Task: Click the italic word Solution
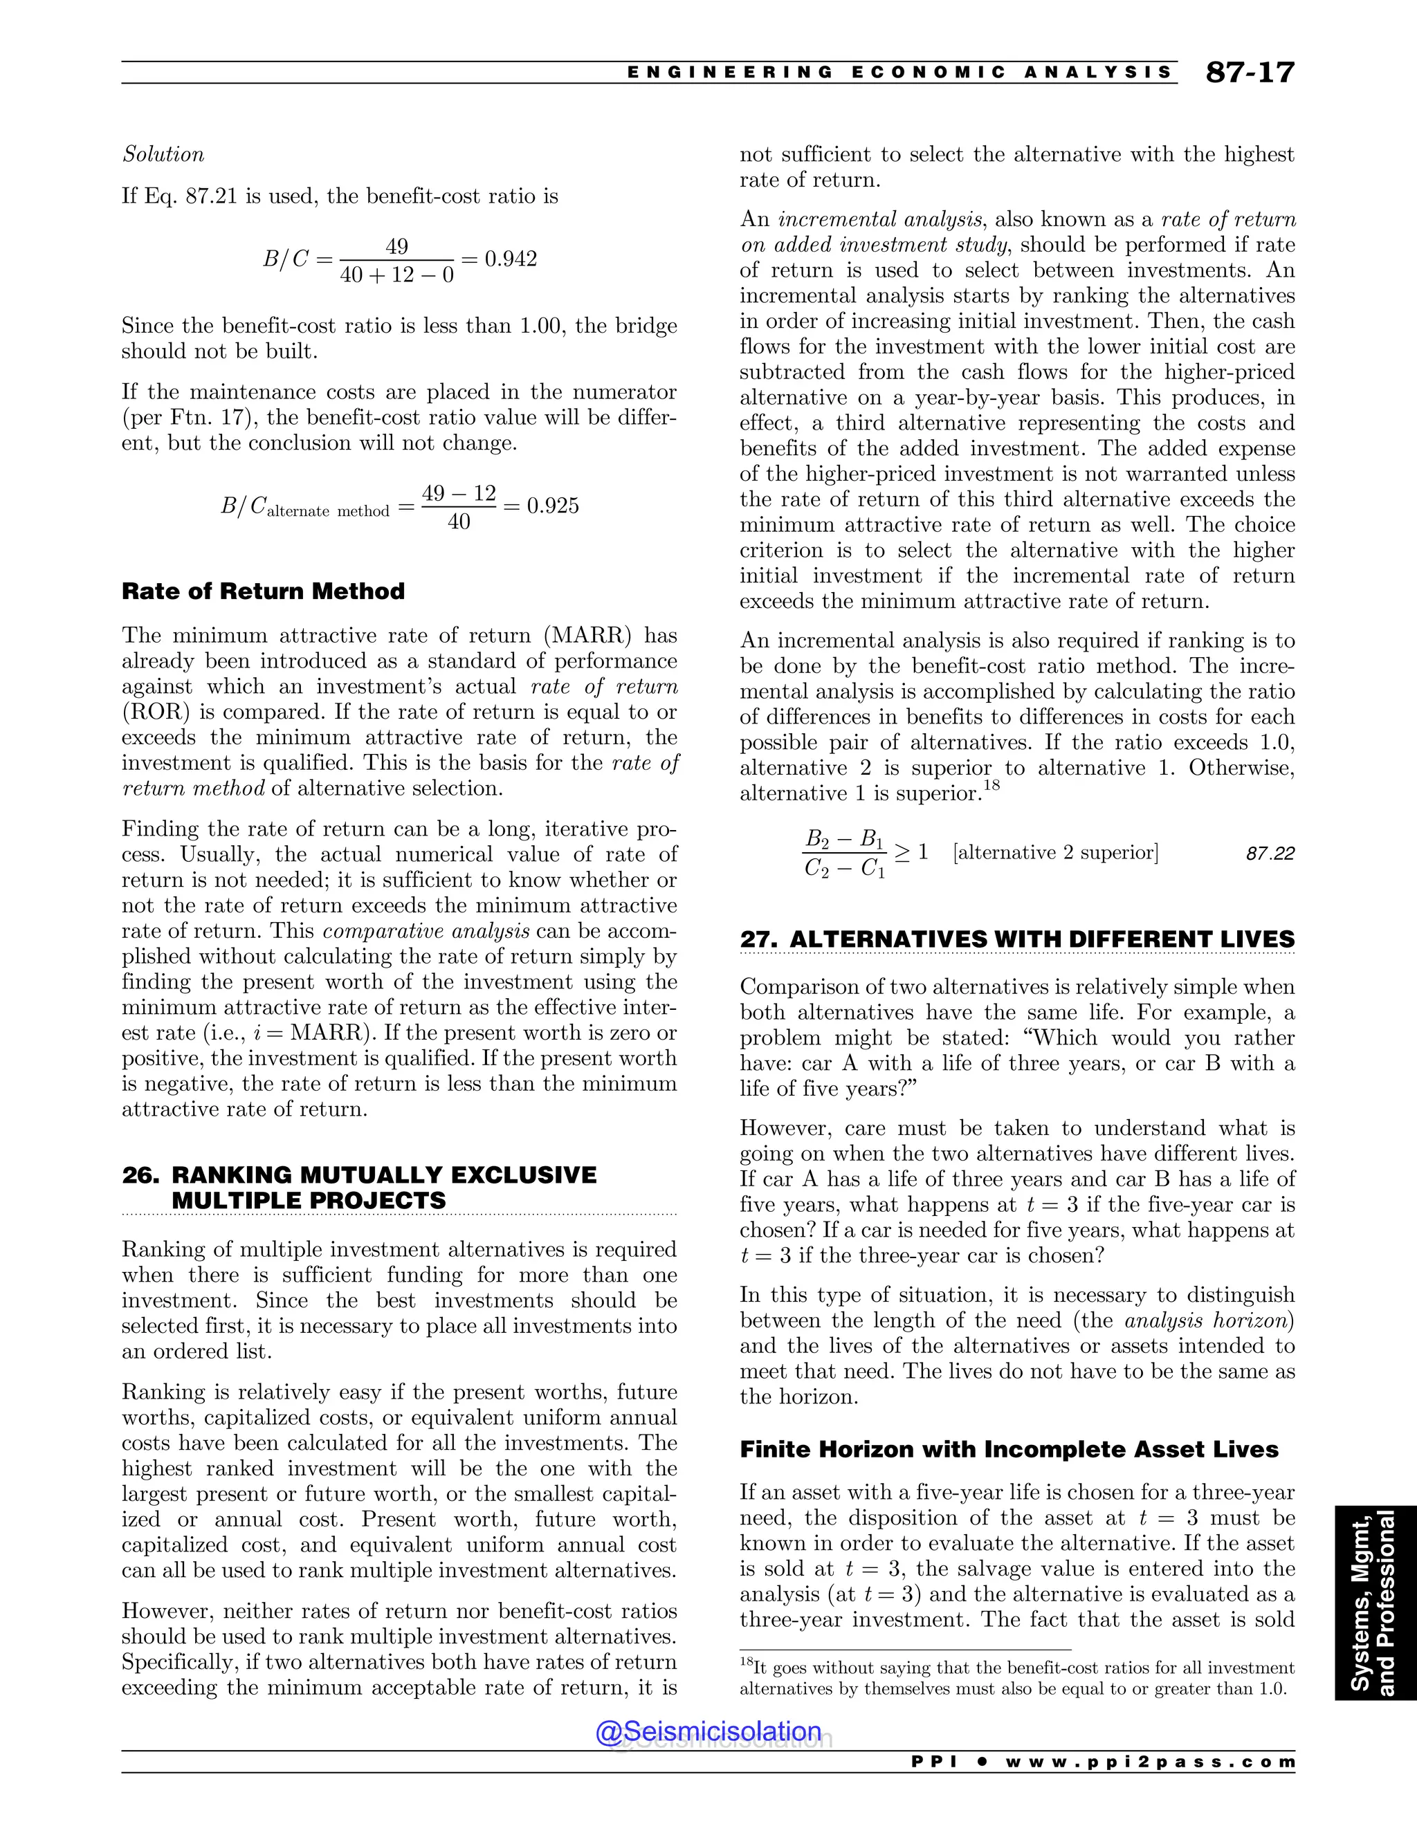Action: click(163, 154)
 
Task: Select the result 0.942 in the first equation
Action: click(511, 259)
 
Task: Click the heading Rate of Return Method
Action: click(263, 591)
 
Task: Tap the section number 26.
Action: click(140, 1175)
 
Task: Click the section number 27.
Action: click(758, 939)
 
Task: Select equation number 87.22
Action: click(1270, 854)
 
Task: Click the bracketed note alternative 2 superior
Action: click(1055, 853)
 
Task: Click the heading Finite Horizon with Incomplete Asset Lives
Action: click(1009, 1449)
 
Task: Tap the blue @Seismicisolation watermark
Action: click(708, 1731)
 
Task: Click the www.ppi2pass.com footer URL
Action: click(1149, 1762)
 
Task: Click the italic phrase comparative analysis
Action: click(426, 931)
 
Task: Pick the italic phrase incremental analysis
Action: click(880, 220)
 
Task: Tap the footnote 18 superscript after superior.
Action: click(991, 786)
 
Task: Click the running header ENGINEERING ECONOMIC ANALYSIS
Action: click(898, 73)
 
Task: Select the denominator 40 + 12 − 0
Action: click(397, 275)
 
